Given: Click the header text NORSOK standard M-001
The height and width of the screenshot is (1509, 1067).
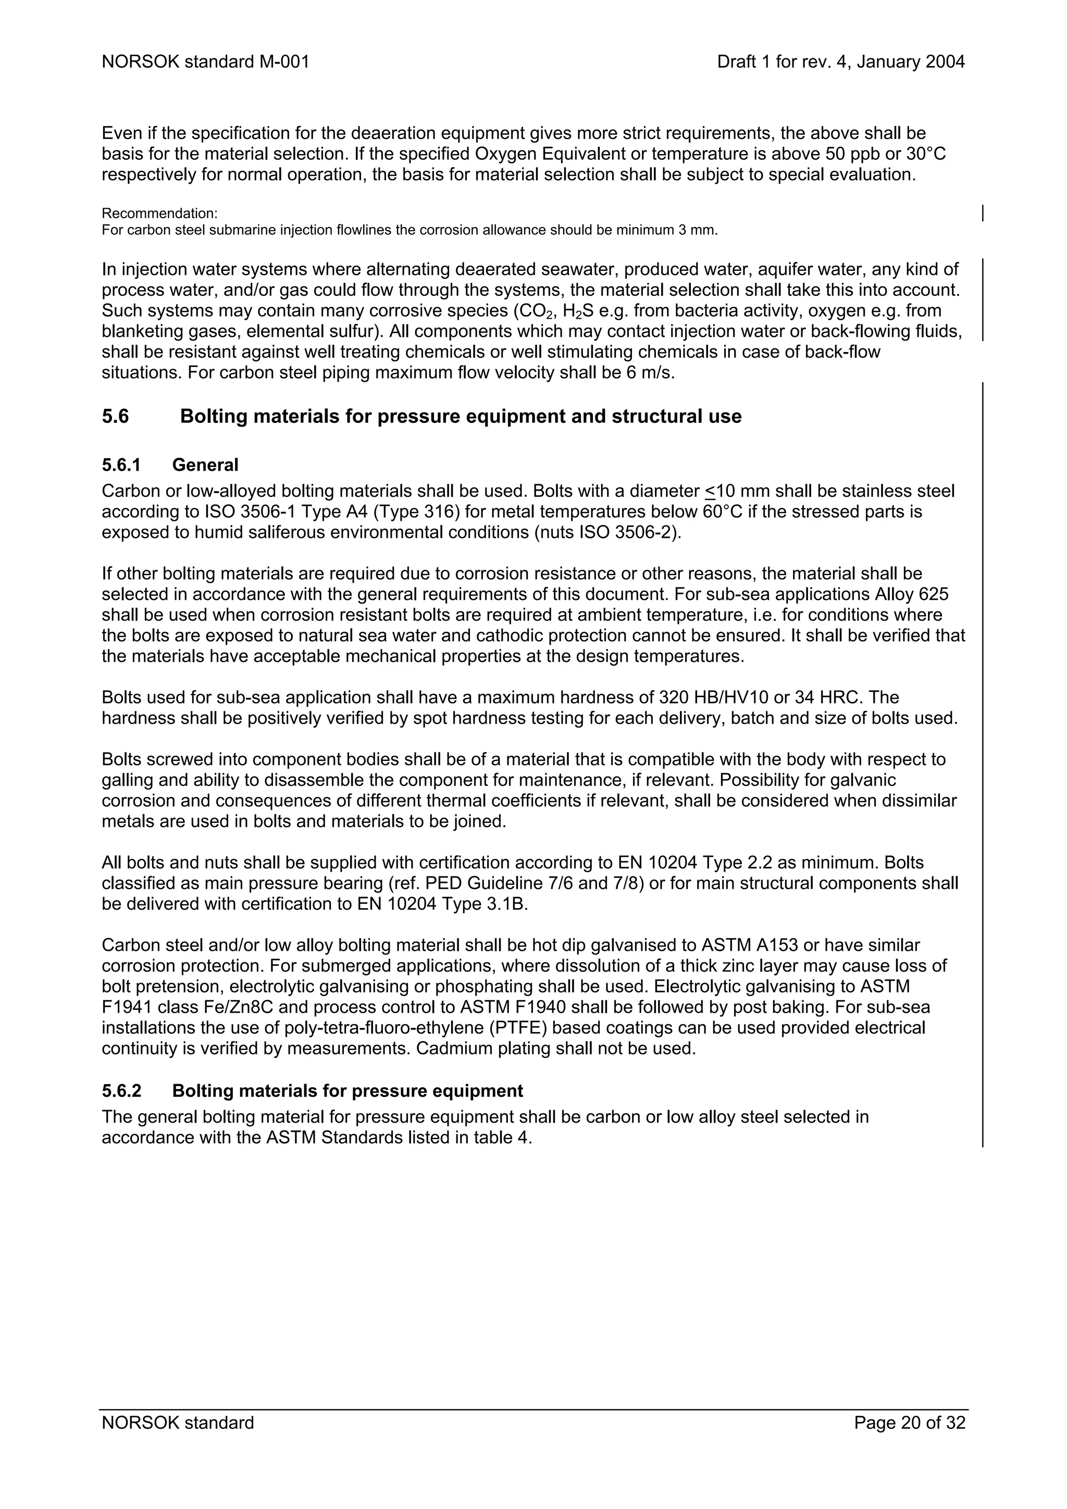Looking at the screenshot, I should (205, 62).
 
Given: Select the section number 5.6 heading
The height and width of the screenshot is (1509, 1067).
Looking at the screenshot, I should (116, 417).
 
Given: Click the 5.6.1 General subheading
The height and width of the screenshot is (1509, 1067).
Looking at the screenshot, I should (170, 466).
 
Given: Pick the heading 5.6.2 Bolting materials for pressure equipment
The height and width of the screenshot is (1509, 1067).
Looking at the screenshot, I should (312, 1091).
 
